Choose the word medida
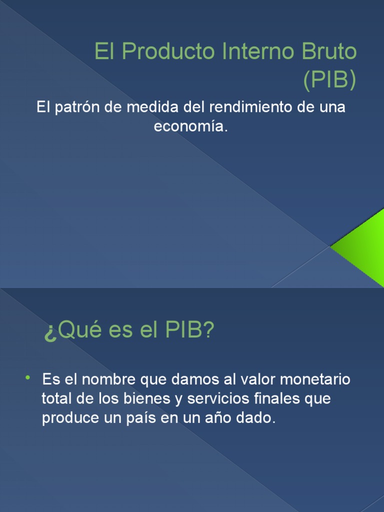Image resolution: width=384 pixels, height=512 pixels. [x=152, y=108]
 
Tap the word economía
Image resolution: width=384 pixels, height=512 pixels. [x=190, y=127]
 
